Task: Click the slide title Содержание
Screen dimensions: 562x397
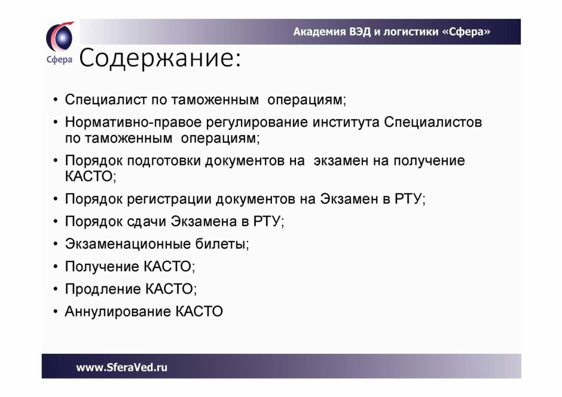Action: (x=160, y=58)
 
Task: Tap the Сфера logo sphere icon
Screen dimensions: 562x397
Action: (x=60, y=37)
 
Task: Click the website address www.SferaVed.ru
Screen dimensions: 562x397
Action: (x=122, y=367)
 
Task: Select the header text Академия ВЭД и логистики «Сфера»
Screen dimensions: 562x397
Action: (x=392, y=32)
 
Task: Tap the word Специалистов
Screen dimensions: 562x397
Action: (x=433, y=123)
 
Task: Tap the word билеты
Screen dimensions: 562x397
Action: (x=221, y=244)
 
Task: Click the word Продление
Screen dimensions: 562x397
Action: (x=103, y=289)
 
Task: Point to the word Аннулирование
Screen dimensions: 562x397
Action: (x=118, y=312)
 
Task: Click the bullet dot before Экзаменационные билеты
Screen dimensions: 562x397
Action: (x=55, y=245)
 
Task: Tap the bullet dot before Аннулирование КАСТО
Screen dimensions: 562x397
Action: (x=55, y=312)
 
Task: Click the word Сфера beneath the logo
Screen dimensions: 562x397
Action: (x=60, y=60)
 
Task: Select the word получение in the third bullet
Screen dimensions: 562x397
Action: (x=429, y=161)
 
